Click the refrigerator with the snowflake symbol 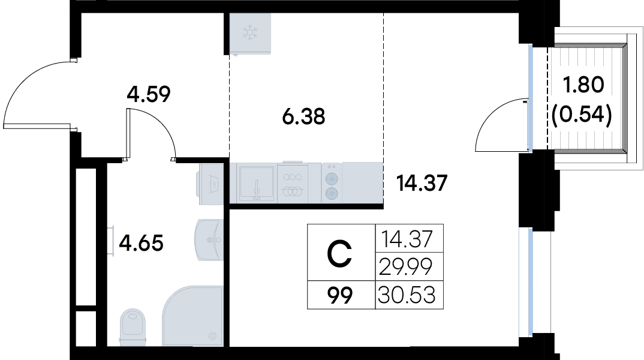[251, 33]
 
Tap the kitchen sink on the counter [257, 182]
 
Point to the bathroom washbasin [209, 240]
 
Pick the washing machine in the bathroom [211, 184]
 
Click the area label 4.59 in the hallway [148, 95]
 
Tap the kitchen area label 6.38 [303, 116]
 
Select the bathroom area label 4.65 [141, 242]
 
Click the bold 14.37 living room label [422, 183]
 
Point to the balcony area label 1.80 [583, 85]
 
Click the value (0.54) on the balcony [582, 115]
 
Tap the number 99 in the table [340, 295]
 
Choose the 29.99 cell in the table [405, 268]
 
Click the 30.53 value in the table [406, 295]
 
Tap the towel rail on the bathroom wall [112, 241]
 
